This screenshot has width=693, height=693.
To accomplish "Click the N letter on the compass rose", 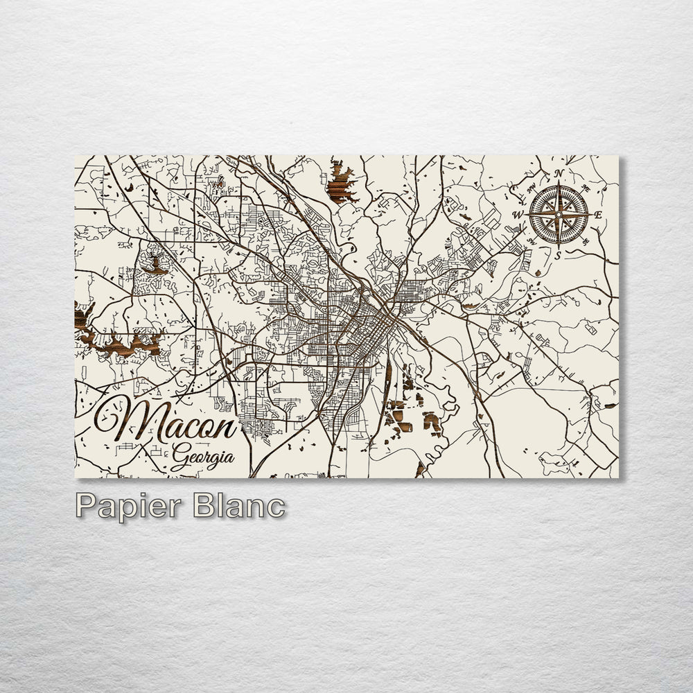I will click(559, 174).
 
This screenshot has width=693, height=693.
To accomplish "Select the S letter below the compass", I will click(557, 255).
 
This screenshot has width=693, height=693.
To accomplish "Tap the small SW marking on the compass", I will click(531, 241).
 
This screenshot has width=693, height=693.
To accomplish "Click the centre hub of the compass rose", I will click(558, 214).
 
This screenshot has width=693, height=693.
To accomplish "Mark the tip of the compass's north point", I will click(559, 182).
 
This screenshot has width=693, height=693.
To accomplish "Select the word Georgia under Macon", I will click(202, 458).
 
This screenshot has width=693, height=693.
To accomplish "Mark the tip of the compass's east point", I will click(590, 214).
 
